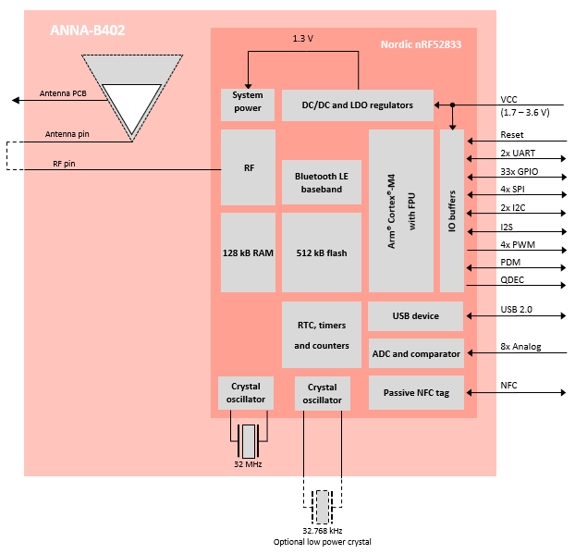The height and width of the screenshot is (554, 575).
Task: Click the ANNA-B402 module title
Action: tap(87, 31)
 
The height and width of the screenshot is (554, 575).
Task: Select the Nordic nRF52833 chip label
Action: tap(422, 44)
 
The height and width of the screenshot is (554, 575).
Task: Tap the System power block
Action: tap(248, 102)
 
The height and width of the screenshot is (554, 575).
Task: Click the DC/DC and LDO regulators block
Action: tap(357, 105)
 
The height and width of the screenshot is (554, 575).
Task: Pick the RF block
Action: tap(248, 167)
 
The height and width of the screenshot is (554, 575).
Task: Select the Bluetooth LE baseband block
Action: tap(321, 182)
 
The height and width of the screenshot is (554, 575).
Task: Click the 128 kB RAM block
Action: tap(248, 252)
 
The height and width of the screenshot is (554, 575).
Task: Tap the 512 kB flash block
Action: tap(321, 252)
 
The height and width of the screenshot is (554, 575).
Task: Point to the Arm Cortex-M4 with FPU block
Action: tap(400, 210)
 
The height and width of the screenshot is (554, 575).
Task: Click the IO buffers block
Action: tap(452, 210)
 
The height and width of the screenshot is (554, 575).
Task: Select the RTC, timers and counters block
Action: tap(321, 335)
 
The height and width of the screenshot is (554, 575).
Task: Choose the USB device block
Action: tap(415, 316)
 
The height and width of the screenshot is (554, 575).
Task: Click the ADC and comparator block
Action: tap(415, 353)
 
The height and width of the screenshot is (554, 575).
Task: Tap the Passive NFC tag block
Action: tap(415, 393)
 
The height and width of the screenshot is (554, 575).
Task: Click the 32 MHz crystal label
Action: tap(248, 464)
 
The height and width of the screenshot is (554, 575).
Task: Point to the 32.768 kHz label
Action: tap(322, 531)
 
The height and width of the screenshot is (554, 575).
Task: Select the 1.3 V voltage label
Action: tap(302, 39)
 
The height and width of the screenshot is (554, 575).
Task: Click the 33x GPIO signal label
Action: tap(520, 173)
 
